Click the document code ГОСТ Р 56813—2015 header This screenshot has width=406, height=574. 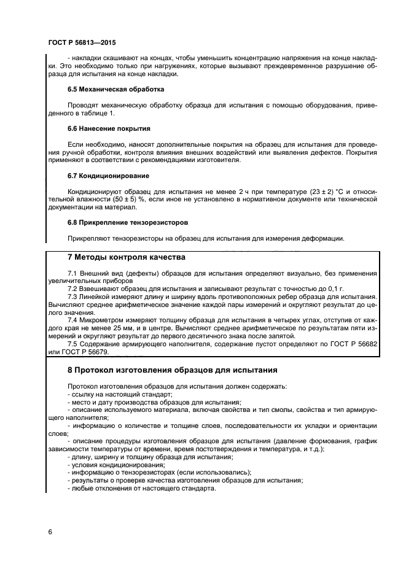tap(82, 45)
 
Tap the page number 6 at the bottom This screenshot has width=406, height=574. tap(50, 531)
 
